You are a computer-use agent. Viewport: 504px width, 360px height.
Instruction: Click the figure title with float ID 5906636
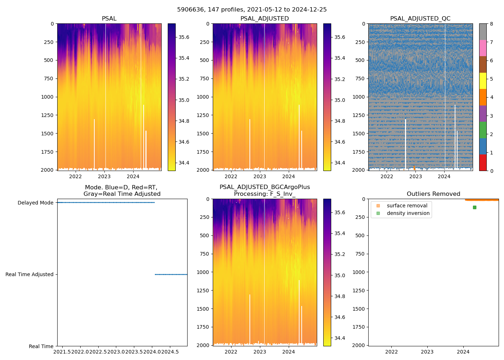tap(252, 10)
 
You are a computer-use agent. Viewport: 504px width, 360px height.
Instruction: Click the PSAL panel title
tap(109, 19)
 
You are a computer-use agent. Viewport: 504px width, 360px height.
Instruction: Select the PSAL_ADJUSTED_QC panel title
tap(420, 19)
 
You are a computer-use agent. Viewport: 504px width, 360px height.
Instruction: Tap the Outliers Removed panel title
tap(433, 194)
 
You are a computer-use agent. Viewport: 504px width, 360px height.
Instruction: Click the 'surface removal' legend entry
tap(407, 206)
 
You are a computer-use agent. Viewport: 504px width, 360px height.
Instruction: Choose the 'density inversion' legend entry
tap(408, 213)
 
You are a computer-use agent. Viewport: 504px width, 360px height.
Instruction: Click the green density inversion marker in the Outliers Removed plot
tap(474, 207)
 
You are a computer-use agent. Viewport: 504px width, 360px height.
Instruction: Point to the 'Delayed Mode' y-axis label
tap(35, 203)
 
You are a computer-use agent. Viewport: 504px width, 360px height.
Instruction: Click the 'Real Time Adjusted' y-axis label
tap(29, 274)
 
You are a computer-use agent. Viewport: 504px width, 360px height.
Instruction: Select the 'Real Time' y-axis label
tap(41, 346)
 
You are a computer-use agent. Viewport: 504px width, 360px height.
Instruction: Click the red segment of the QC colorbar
tap(483, 162)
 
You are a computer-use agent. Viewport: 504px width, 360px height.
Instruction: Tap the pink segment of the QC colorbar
tap(483, 48)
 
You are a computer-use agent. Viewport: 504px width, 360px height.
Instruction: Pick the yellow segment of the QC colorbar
tap(483, 81)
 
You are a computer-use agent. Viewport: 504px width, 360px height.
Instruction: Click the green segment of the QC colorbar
tap(483, 130)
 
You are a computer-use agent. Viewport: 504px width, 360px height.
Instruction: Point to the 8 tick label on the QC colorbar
tap(491, 24)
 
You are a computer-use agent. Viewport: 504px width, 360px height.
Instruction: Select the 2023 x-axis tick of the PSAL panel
tap(104, 176)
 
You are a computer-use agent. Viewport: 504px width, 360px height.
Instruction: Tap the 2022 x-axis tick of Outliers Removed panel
tap(391, 352)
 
